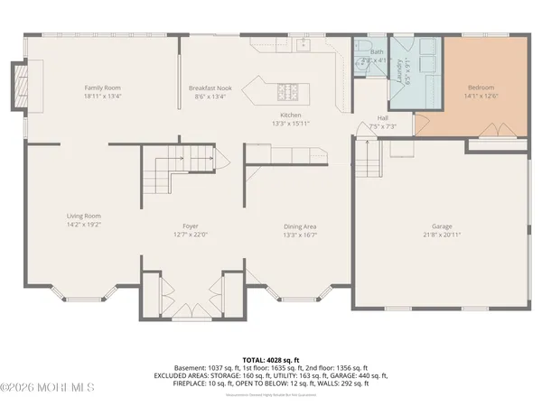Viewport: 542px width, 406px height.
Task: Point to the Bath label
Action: coord(376,52)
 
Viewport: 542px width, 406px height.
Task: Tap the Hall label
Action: coord(382,118)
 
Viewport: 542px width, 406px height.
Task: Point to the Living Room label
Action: coord(82,216)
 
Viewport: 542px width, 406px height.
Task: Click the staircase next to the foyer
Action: coord(180,168)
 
